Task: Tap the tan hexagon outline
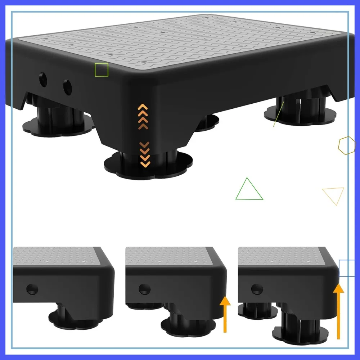(x=347, y=145)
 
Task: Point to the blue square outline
(x=347, y=269)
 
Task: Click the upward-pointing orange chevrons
(x=143, y=113)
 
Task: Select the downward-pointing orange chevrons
(x=145, y=154)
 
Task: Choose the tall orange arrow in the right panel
(x=338, y=311)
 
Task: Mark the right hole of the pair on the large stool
(x=68, y=86)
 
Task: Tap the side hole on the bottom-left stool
(x=32, y=288)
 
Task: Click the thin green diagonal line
(x=279, y=114)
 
